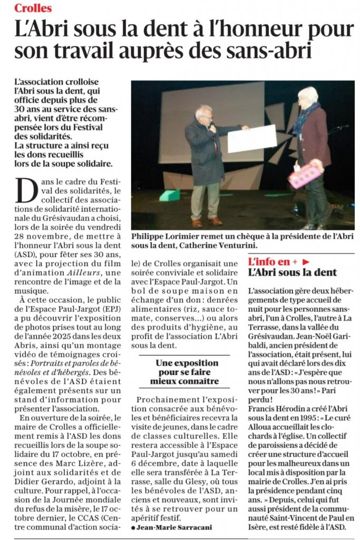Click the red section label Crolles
(33, 8)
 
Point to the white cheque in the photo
(251, 139)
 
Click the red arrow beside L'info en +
(305, 261)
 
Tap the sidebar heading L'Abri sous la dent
(293, 272)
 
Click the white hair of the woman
(308, 94)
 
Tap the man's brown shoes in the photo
(207, 221)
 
